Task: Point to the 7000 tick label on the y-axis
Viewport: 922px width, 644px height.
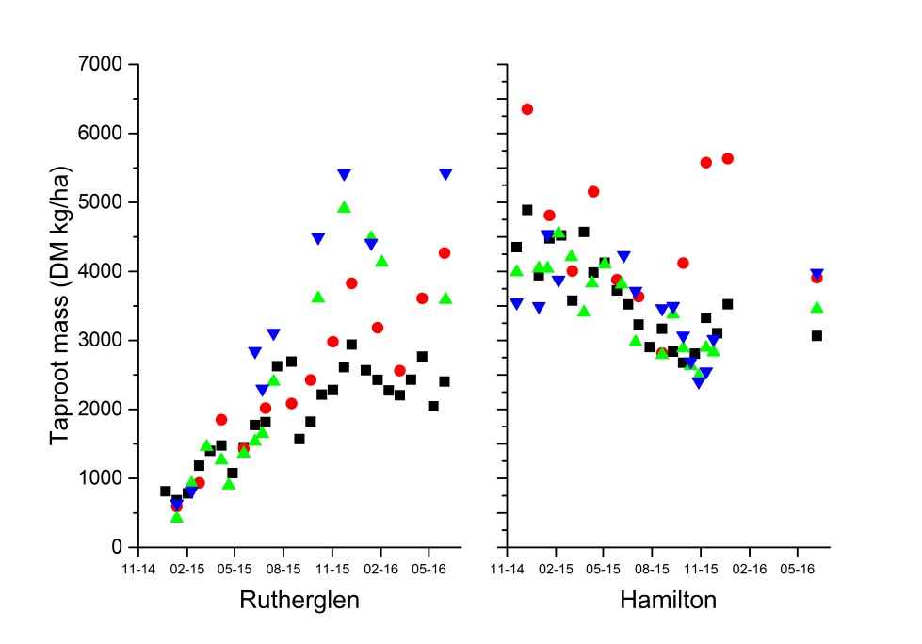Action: pos(104,64)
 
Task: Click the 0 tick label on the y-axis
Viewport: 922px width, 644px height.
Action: pos(118,547)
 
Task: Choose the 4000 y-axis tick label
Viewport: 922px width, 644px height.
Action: pos(104,271)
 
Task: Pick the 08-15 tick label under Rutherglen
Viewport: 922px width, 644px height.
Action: pos(283,570)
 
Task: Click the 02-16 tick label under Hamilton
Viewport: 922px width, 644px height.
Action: pos(750,570)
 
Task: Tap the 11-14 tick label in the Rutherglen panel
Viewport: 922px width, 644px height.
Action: pos(138,570)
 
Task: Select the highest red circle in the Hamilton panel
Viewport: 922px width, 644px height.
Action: pos(527,109)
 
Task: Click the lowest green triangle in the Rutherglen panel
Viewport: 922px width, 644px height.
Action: pos(176,517)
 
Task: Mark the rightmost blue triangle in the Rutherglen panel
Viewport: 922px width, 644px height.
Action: pos(445,174)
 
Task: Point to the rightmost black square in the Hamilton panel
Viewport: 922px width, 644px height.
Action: pos(817,335)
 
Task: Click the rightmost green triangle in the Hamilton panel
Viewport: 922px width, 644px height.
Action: pos(817,307)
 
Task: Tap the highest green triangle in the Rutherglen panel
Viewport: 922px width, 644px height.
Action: pos(344,207)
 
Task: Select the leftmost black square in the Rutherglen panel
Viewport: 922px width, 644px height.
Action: pos(166,491)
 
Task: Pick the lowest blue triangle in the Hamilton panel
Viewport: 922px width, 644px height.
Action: pos(699,382)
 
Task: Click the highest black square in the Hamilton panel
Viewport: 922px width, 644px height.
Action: pos(527,210)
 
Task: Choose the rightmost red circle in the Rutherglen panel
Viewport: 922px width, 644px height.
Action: pos(445,252)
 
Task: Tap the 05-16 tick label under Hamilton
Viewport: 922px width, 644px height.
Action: pos(798,570)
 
